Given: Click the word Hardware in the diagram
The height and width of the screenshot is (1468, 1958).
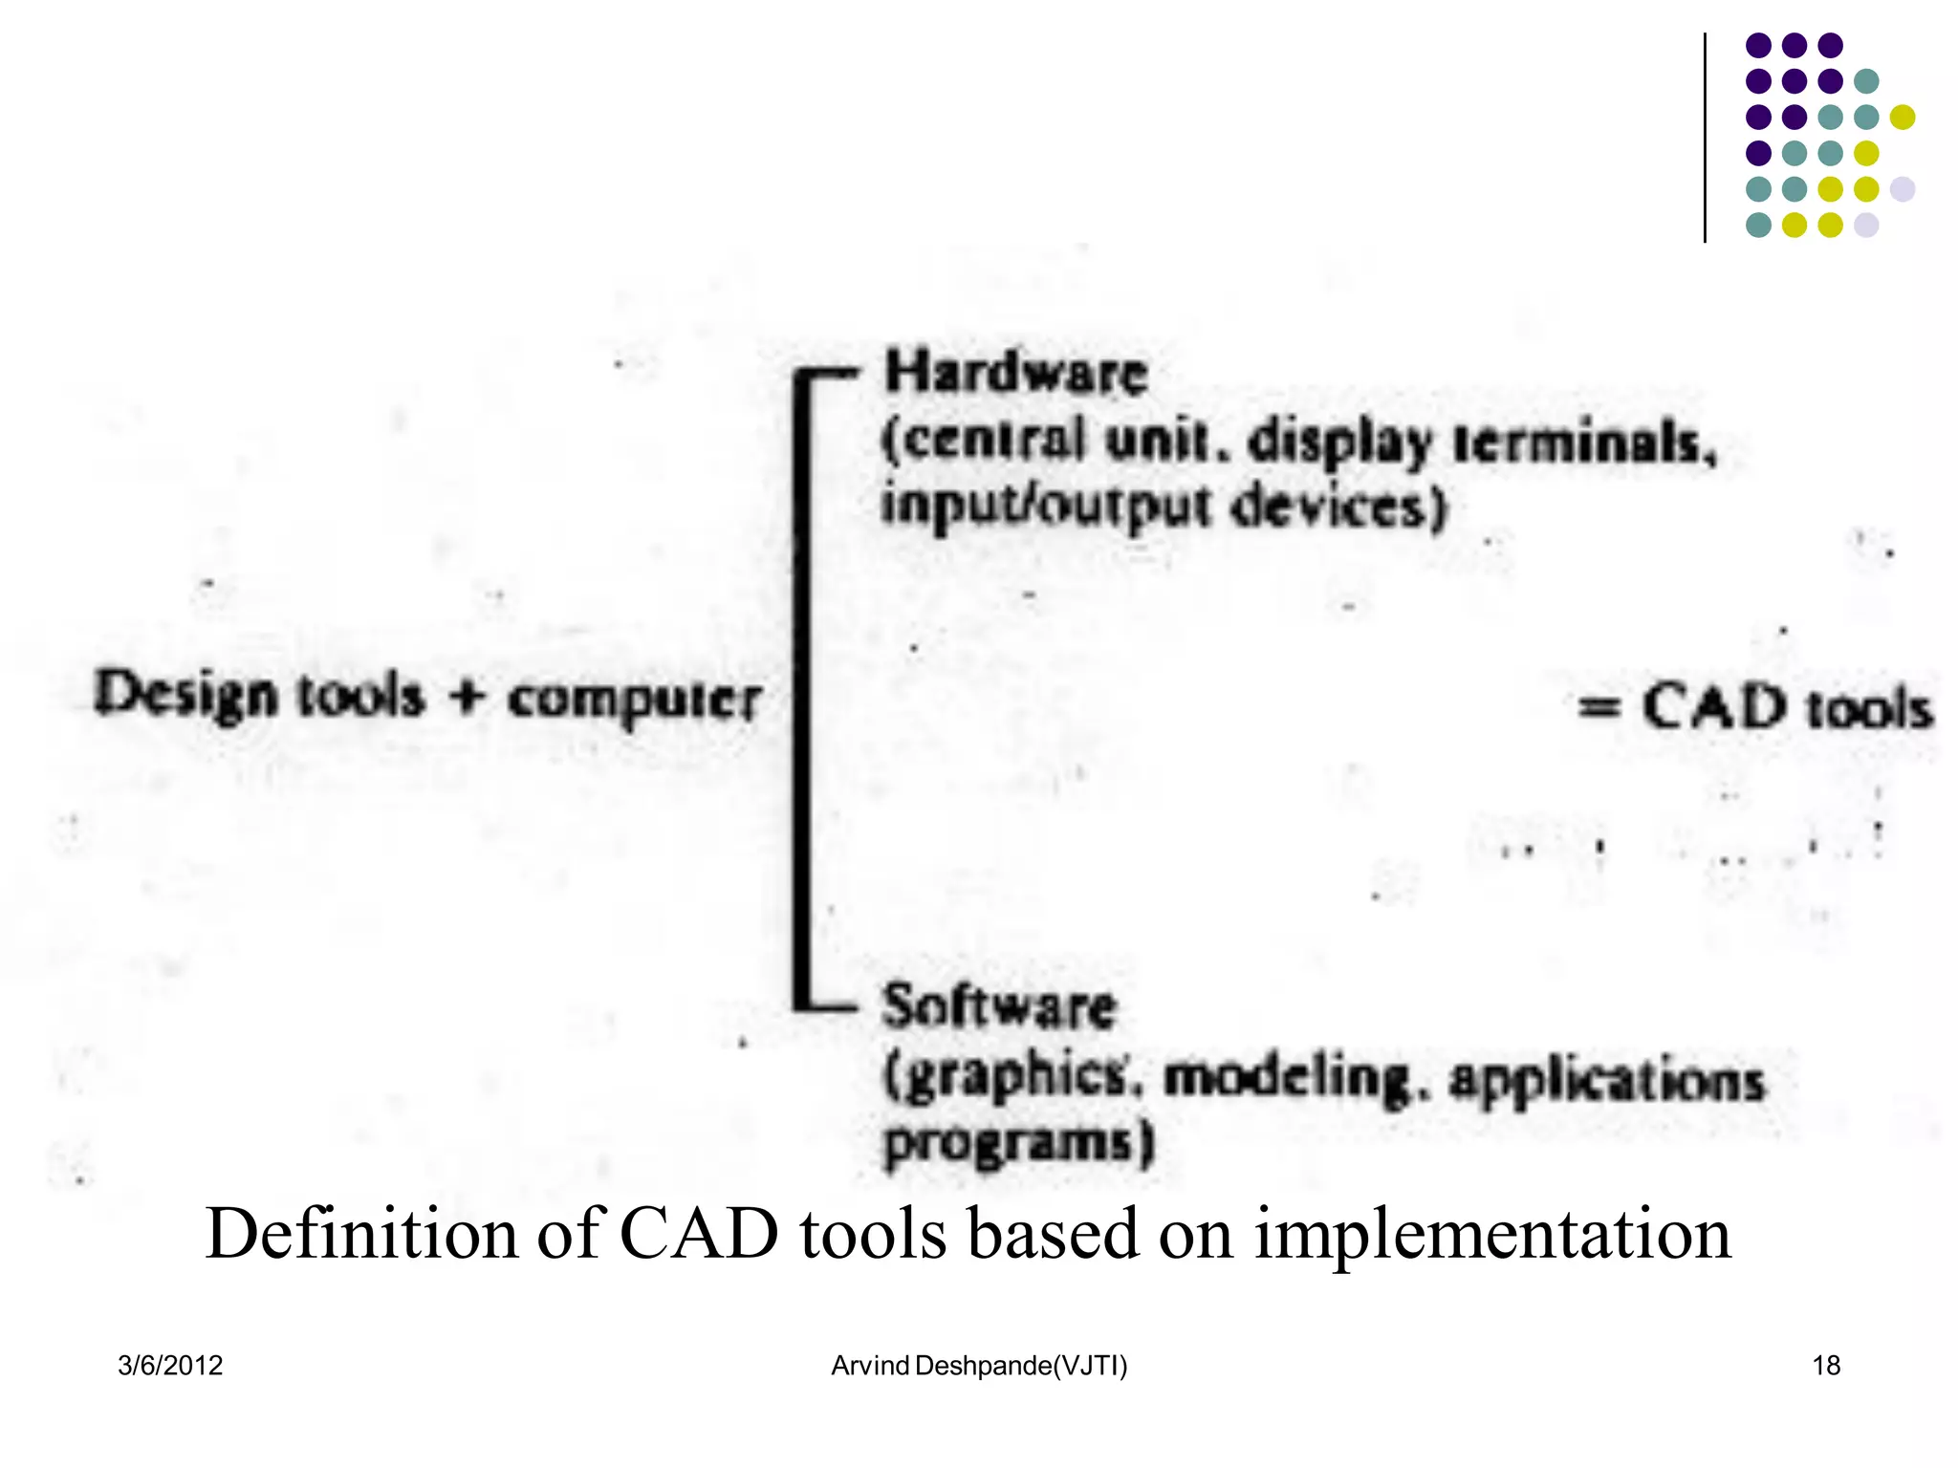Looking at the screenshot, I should click(x=1015, y=373).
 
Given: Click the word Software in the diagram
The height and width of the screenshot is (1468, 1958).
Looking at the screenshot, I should click(x=999, y=1006).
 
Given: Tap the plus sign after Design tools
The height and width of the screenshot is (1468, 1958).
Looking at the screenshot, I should click(x=466, y=696).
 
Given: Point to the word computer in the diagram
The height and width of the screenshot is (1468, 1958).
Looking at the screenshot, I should click(x=634, y=701).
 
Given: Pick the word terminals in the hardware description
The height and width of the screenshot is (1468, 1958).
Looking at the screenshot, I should click(x=1584, y=443).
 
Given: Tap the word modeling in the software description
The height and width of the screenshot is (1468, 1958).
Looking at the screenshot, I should click(x=1287, y=1079).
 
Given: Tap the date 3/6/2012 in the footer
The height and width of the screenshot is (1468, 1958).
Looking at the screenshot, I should click(x=170, y=1366).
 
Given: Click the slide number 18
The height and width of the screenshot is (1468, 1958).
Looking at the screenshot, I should click(x=1826, y=1366).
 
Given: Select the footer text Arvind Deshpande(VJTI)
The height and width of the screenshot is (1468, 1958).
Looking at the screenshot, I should click(x=979, y=1366).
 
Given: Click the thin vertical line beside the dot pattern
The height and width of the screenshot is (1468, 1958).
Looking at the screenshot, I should click(x=1705, y=139).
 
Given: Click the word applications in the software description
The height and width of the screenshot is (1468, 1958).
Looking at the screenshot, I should click(x=1606, y=1081).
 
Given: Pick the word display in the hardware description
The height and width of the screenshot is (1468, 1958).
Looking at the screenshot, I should click(x=1340, y=443).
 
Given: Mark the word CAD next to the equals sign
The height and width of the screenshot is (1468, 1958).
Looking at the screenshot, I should click(x=1714, y=708).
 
